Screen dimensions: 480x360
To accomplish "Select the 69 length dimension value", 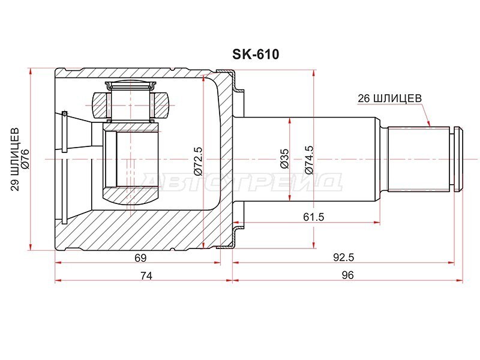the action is click(x=140, y=258).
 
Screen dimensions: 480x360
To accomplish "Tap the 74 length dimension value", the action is click(x=146, y=276).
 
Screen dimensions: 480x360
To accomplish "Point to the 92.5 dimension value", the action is click(x=343, y=257).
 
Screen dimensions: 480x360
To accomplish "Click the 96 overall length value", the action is click(x=348, y=275).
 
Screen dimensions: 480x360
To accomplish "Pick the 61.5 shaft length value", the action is click(x=313, y=217).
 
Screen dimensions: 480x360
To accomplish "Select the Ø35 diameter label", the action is click(x=284, y=158).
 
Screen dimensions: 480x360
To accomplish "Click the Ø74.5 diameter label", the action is click(x=309, y=160).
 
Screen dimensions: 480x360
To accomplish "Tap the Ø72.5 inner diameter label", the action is click(x=198, y=161).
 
